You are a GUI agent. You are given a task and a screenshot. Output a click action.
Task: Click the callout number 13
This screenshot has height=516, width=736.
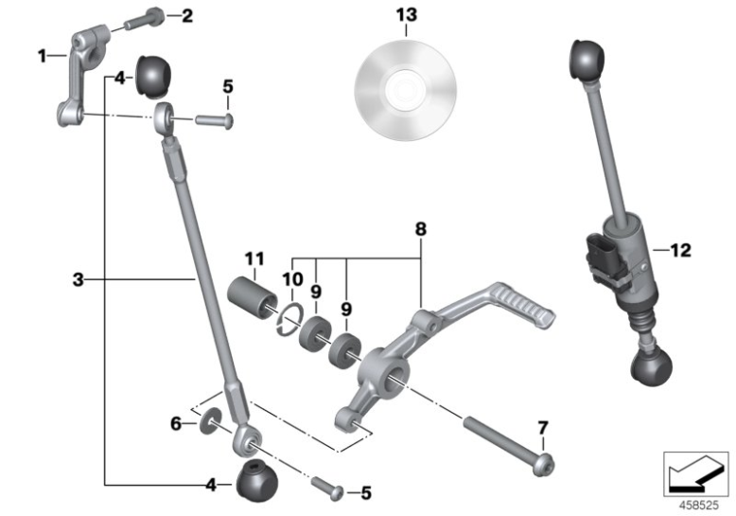pos(406,16)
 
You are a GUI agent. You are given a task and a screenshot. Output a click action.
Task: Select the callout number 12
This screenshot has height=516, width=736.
pos(680,251)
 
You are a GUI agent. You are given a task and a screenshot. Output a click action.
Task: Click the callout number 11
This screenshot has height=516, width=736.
pos(253,258)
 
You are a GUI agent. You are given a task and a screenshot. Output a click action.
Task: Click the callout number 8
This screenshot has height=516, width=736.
pos(421,229)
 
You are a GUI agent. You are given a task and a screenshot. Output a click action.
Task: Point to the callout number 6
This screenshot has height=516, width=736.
pos(175,424)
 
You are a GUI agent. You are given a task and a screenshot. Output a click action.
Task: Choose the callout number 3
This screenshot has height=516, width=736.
pos(79,279)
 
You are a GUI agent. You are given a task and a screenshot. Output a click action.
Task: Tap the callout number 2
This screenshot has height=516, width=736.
pos(186,15)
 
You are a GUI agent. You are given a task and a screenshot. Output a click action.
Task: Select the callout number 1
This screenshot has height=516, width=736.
pos(42,56)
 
